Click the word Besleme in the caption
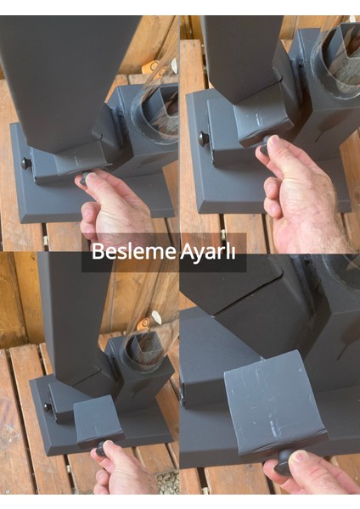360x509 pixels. pos(129,253)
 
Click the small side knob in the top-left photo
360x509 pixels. pos(26,163)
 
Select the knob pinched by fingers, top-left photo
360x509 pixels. pos(87,178)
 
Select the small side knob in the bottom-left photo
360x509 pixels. pos(48,406)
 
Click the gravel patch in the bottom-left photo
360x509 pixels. pos(168,482)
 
